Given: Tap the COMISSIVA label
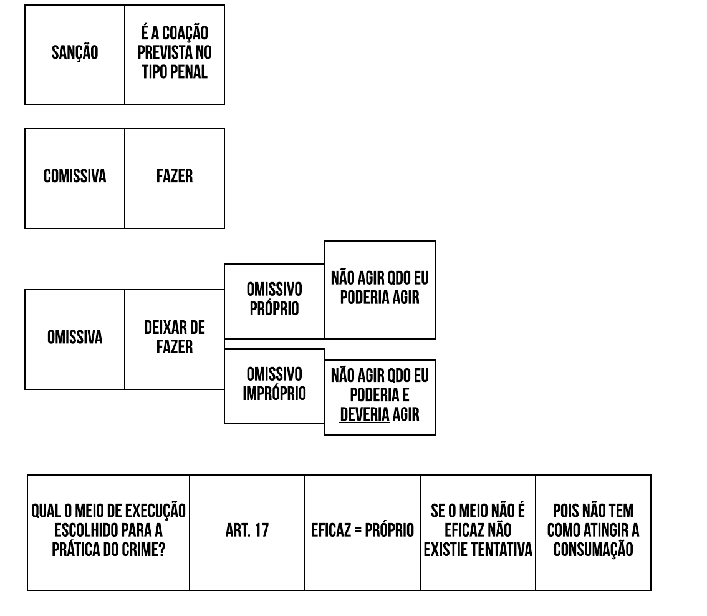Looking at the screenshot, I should click(75, 177).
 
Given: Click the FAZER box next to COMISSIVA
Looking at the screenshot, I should click(175, 177).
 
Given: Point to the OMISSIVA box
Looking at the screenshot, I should click(75, 338).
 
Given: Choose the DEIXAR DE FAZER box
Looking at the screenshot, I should click(175, 338).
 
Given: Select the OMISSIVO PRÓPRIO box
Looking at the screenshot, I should click(274, 299).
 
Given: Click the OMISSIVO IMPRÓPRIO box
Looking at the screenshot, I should click(274, 384).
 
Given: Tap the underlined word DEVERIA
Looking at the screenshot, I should click(365, 414).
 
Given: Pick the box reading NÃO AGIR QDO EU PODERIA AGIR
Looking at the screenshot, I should click(380, 288).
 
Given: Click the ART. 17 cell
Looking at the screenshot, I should click(247, 530).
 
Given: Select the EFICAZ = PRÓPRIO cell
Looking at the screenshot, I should click(362, 530).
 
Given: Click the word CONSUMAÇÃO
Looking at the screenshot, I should click(593, 550).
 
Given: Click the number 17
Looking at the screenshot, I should click(261, 530).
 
